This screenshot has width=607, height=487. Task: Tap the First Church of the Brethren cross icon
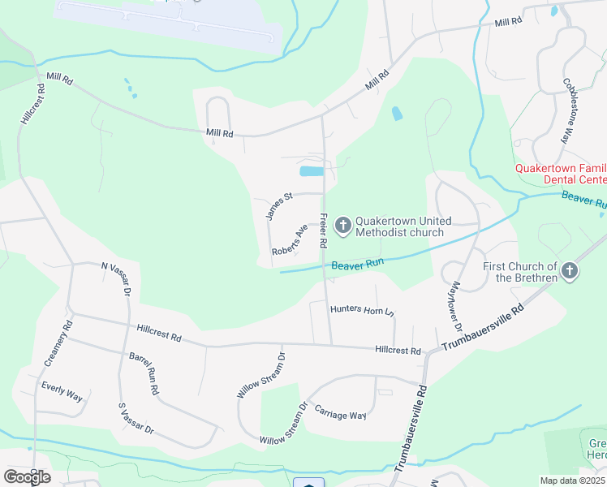[570, 271]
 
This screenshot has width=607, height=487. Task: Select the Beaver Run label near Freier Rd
[357, 264]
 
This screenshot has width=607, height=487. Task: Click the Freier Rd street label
[323, 231]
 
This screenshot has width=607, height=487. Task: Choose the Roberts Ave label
[291, 240]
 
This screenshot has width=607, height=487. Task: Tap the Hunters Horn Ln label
[362, 309]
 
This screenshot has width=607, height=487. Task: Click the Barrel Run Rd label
[143, 373]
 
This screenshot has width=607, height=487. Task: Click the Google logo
[27, 476]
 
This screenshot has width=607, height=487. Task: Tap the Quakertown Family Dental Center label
[561, 174]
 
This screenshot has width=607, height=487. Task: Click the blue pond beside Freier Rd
[312, 171]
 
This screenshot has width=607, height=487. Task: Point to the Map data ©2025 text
[573, 481]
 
